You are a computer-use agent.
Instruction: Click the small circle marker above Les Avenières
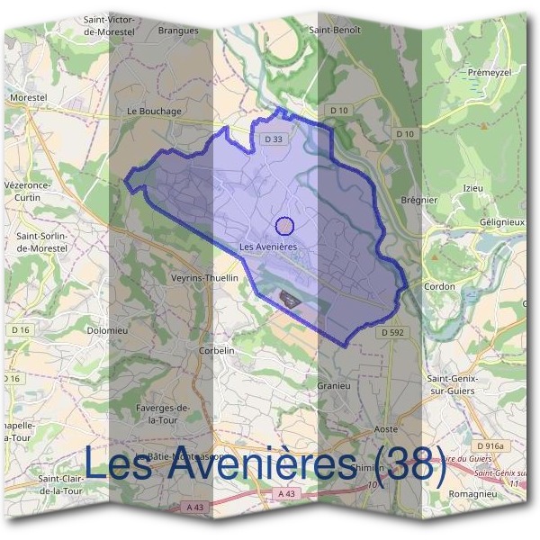(284, 226)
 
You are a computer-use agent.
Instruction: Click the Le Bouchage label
(154, 112)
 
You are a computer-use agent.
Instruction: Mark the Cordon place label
(440, 286)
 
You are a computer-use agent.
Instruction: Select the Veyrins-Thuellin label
(204, 278)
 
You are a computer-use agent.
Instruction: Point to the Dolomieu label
(105, 330)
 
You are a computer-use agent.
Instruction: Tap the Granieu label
(333, 384)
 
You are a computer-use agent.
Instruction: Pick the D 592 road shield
(392, 332)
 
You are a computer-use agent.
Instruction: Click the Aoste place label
(385, 430)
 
